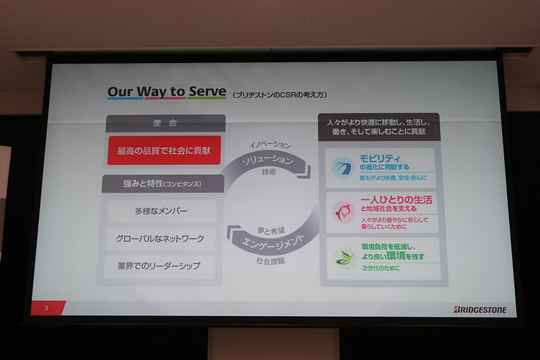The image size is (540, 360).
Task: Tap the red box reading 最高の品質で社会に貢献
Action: [x=165, y=150]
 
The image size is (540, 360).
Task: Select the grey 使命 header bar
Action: [x=165, y=124]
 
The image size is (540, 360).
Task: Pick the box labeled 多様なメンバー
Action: [x=161, y=211]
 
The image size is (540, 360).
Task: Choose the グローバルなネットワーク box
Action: [x=161, y=238]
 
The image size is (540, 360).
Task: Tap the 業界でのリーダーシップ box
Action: [x=161, y=265]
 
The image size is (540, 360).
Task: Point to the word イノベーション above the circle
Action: [x=270, y=145]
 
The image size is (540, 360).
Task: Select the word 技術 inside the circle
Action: [x=269, y=173]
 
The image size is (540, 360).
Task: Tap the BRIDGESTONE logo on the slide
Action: [x=480, y=309]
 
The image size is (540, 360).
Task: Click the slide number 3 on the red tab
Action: [x=46, y=309]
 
